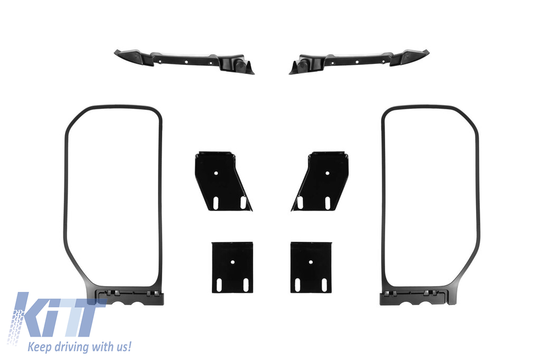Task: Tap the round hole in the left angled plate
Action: (216, 173)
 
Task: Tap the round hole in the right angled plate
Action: (328, 173)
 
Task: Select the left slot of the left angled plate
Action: (216, 203)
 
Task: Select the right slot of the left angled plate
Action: (243, 203)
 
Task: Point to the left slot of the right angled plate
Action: (300, 203)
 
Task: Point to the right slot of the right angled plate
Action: (328, 203)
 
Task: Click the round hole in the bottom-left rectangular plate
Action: (232, 262)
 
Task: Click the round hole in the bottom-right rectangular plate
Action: (311, 262)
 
